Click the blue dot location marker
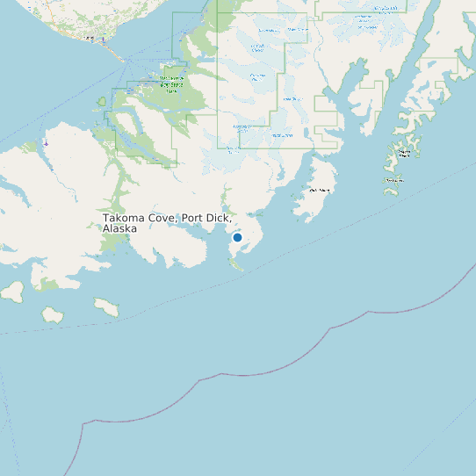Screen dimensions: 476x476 (237, 237)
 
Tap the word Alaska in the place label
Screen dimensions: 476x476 (120, 228)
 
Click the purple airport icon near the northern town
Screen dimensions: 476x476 (104, 40)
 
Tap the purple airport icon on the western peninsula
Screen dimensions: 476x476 (46, 143)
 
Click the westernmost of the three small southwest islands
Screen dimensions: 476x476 (12, 291)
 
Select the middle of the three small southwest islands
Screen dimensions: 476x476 (52, 314)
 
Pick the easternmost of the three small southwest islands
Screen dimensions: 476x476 (106, 307)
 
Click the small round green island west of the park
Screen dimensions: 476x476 (102, 102)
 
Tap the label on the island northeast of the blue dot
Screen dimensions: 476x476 (321, 190)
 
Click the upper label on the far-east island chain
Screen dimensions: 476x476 (405, 153)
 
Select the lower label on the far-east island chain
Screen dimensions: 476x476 (393, 181)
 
